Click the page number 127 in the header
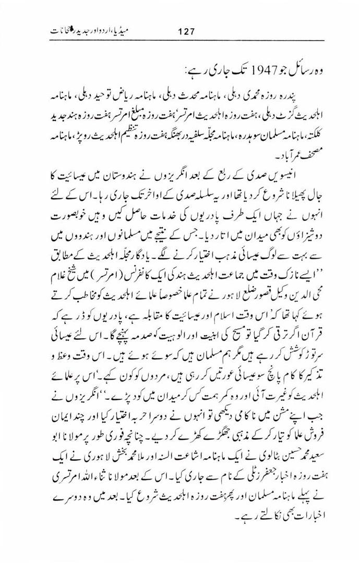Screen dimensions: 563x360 [x=186, y=31]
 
